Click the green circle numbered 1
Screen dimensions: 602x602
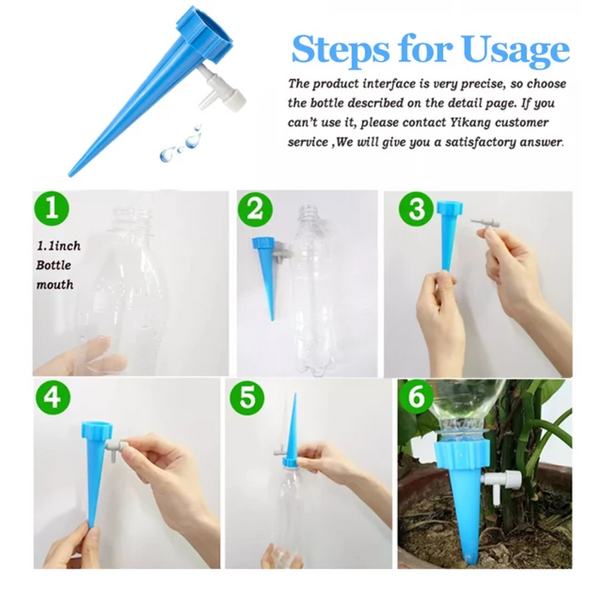pyautogui.click(x=52, y=209)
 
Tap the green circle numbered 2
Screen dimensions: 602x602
pyautogui.click(x=255, y=210)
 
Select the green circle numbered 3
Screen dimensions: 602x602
pyautogui.click(x=417, y=209)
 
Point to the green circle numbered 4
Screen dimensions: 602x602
pyautogui.click(x=53, y=397)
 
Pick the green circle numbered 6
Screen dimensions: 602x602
pyautogui.click(x=417, y=397)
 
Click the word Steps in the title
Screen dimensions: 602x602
pyautogui.click(x=341, y=50)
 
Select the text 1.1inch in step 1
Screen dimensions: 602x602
pyautogui.click(x=59, y=246)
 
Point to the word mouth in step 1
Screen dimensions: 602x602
pyautogui.click(x=55, y=284)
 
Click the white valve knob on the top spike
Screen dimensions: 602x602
pyautogui.click(x=233, y=101)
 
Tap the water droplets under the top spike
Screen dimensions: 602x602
pyautogui.click(x=181, y=143)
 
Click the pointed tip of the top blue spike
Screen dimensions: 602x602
pyautogui.click(x=69, y=175)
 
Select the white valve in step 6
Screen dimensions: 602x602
pyautogui.click(x=500, y=480)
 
